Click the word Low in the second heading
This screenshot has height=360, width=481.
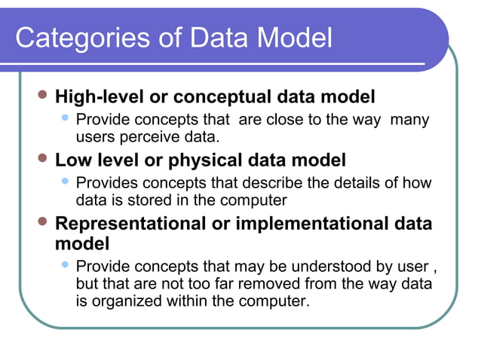point(74,160)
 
